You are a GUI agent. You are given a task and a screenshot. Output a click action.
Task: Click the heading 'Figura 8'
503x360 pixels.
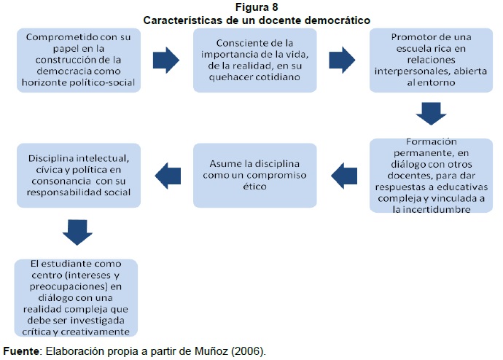click(x=251, y=8)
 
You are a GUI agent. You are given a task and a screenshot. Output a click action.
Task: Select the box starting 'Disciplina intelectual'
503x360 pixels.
click(x=78, y=175)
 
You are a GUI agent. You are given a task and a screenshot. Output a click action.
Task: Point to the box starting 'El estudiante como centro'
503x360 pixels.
click(x=78, y=296)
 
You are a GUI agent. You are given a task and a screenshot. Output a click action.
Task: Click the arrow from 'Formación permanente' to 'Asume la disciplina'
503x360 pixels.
click(x=343, y=173)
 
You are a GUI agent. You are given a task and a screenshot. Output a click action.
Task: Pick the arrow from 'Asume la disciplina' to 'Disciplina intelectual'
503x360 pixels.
click(x=167, y=173)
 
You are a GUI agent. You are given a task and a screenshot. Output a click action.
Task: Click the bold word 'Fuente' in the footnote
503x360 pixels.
click(x=22, y=351)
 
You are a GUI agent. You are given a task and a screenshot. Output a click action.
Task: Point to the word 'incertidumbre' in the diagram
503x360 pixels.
click(x=432, y=209)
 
